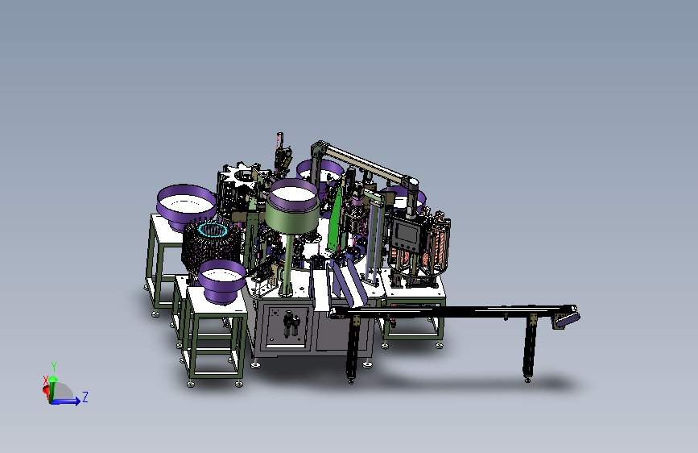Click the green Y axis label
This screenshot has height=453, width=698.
point(54,367)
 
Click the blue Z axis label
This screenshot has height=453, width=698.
point(85,397)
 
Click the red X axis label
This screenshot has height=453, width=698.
point(45,380)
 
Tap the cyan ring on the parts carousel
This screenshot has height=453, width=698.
point(213,229)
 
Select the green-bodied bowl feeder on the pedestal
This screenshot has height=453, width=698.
point(292,210)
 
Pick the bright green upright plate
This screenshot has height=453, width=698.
point(335,219)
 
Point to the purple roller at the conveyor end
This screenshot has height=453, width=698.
point(568,318)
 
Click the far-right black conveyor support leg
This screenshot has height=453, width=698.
point(529,347)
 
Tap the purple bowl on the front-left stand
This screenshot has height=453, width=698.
point(221,281)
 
